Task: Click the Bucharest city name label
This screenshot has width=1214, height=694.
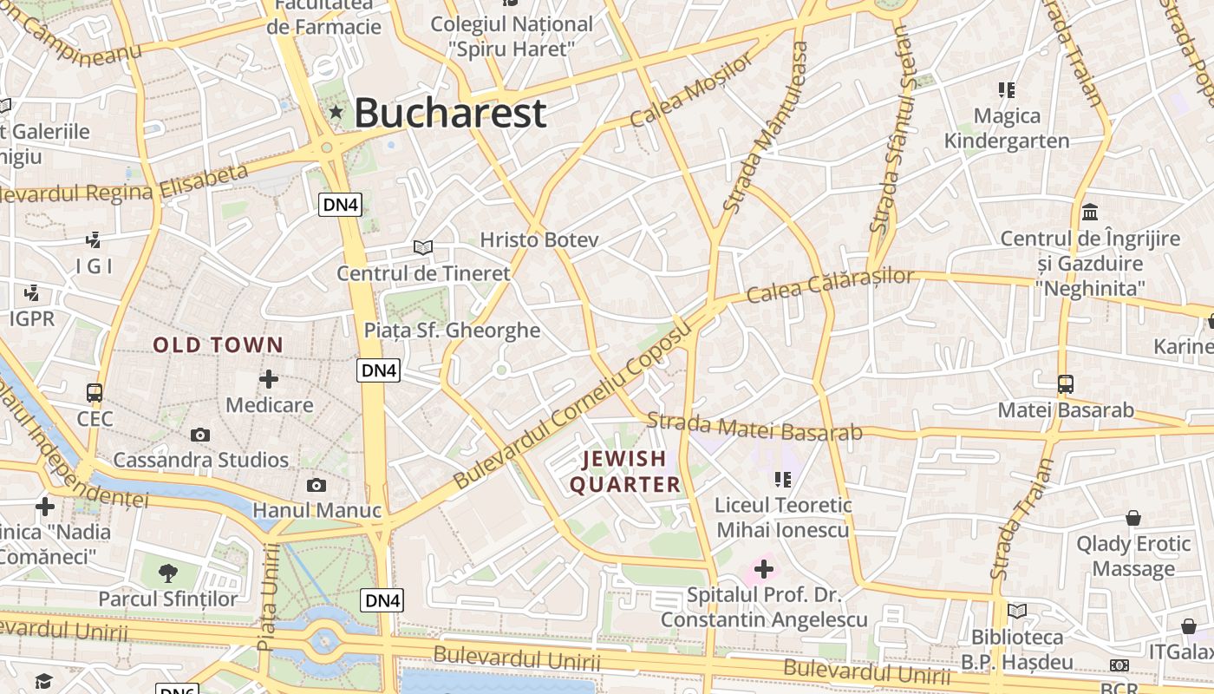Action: pyautogui.click(x=450, y=113)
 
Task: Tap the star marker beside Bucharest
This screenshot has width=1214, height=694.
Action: pyautogui.click(x=336, y=112)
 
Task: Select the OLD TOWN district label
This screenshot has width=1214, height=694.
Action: pyautogui.click(x=219, y=345)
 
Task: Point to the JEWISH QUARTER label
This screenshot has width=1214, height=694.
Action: pyautogui.click(x=624, y=471)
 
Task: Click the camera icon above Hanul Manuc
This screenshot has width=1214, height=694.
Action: pyautogui.click(x=317, y=485)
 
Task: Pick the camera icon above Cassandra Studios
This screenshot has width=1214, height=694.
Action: pyautogui.click(x=200, y=435)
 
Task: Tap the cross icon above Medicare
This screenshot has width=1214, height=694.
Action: pyautogui.click(x=269, y=379)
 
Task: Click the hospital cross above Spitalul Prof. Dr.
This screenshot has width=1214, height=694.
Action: pyautogui.click(x=764, y=569)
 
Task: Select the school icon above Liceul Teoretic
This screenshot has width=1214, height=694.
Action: pyautogui.click(x=783, y=479)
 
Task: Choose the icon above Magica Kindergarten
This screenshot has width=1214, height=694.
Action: pyautogui.click(x=1006, y=89)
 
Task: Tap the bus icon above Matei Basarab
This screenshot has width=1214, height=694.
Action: pyautogui.click(x=1066, y=384)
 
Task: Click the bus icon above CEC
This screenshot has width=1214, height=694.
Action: pyautogui.click(x=95, y=393)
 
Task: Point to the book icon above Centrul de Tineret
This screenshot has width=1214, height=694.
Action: pyautogui.click(x=423, y=248)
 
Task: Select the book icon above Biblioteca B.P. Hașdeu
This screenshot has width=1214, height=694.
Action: pyautogui.click(x=1017, y=611)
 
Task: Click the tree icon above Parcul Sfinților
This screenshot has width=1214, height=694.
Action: pyautogui.click(x=167, y=573)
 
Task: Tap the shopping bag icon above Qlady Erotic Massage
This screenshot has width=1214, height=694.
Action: pyautogui.click(x=1133, y=518)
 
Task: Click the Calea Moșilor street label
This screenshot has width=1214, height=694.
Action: pyautogui.click(x=692, y=89)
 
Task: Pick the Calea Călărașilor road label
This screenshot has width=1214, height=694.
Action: pyautogui.click(x=830, y=285)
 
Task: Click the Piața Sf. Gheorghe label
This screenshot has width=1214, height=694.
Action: pyautogui.click(x=452, y=331)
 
